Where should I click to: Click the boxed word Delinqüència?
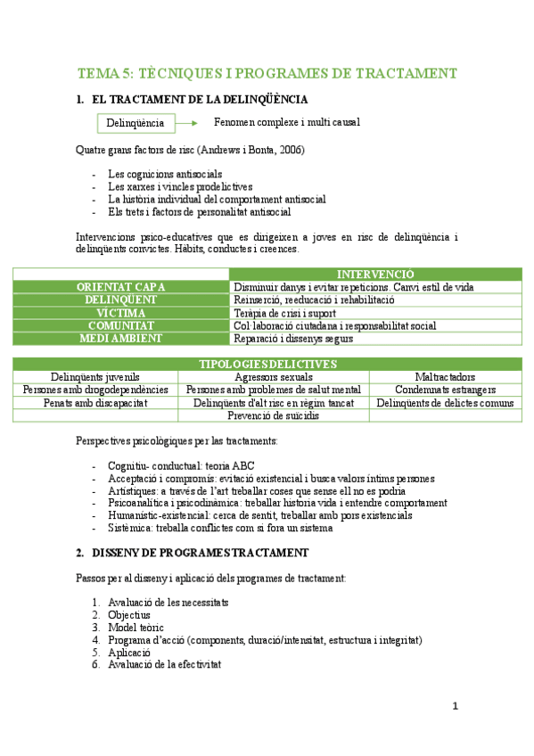click(135, 122)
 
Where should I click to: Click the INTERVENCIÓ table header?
click(374, 274)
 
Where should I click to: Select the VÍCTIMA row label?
click(120, 313)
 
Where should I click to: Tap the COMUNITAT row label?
click(120, 325)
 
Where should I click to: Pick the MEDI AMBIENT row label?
click(120, 338)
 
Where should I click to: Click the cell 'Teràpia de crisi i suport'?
click(284, 313)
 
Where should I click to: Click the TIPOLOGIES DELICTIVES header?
click(267, 364)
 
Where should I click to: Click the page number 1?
click(455, 707)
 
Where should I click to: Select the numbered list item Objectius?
click(128, 614)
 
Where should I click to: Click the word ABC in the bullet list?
click(242, 465)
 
